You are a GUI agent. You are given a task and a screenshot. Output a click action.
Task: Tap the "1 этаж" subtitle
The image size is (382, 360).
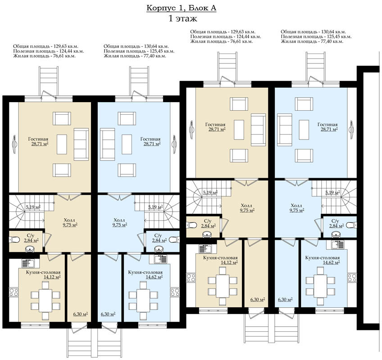pyautogui.click(x=183, y=19)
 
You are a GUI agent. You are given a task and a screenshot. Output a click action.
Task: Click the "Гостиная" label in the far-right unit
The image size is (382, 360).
pyautogui.click(x=327, y=125)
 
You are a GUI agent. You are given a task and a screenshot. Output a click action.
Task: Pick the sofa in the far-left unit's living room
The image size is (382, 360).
pyautogui.click(x=81, y=144)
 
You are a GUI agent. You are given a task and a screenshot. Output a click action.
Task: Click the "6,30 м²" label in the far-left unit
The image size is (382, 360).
pyautogui.click(x=80, y=314)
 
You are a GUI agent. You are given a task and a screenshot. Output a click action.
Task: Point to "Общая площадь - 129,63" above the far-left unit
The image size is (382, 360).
pyautogui.click(x=44, y=46)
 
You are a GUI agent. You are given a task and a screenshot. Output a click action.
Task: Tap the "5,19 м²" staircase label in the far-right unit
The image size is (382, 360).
pyautogui.click(x=333, y=193)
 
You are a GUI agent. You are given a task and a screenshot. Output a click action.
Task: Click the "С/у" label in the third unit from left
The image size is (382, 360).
pyautogui.click(x=208, y=221)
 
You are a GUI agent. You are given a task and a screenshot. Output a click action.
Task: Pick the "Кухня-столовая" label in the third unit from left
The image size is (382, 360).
pyautogui.click(x=220, y=257)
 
